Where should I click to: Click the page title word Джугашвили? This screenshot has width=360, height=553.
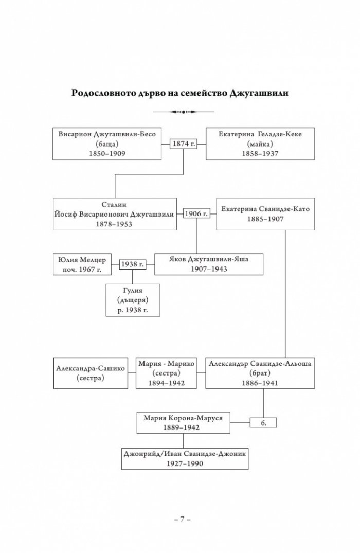click(259, 93)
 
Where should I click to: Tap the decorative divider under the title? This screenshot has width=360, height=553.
click(183, 112)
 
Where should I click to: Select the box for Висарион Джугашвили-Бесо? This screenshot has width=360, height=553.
click(107, 144)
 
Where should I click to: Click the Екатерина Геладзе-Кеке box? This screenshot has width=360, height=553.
click(260, 144)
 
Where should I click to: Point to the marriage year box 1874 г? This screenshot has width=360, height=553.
click(184, 144)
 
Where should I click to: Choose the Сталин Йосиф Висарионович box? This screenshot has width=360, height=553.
click(115, 214)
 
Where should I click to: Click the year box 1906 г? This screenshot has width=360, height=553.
click(196, 213)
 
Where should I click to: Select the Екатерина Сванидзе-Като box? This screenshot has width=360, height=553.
click(265, 214)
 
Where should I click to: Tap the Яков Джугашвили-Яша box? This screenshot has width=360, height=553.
click(209, 264)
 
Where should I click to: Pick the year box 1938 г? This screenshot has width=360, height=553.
click(133, 264)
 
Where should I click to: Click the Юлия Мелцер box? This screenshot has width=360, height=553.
click(82, 264)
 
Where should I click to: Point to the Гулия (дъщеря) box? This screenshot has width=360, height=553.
click(133, 300)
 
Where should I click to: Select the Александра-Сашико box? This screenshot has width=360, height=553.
click(91, 373)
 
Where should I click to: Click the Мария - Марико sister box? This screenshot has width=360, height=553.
click(167, 373)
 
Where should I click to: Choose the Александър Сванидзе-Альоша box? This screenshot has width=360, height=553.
click(260, 373)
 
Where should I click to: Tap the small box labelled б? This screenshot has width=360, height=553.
click(263, 423)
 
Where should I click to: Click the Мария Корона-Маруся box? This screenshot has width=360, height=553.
click(184, 423)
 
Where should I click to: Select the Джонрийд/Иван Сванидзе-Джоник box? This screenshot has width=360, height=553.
click(185, 459)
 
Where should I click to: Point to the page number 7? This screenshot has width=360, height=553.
click(182, 519)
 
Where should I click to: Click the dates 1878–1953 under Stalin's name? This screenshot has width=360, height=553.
click(114, 224)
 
